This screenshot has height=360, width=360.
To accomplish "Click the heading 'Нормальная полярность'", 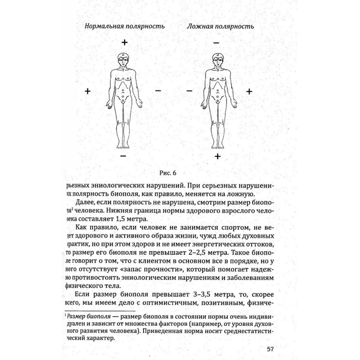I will coord(125,26).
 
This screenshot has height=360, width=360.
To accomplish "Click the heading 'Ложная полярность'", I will coord(220,26).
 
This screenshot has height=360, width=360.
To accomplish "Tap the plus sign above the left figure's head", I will coord(125,42).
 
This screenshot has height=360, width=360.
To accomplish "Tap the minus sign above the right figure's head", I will coord(216,43).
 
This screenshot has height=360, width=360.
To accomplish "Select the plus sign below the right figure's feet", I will coord(217,156).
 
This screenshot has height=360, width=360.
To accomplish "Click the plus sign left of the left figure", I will coord(88,91).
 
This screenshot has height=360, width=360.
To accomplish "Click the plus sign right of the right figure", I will coord(249,91).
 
